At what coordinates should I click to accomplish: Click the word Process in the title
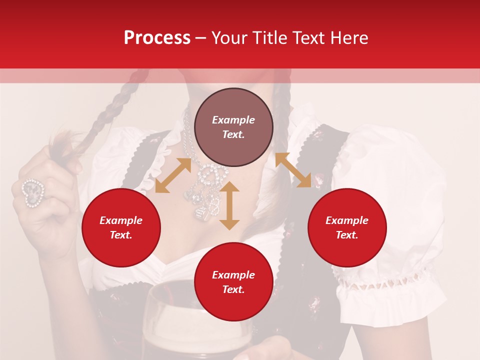[157, 38]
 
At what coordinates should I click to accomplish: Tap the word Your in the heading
[229, 38]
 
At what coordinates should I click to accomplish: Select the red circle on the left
[121, 227]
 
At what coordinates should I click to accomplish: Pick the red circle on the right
[347, 227]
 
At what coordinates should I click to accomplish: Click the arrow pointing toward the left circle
[172, 175]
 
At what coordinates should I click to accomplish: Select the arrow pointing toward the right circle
[293, 170]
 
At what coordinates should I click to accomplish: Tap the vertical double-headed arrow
[229, 205]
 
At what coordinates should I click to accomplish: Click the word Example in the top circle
[233, 120]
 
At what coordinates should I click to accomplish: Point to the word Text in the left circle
[120, 235]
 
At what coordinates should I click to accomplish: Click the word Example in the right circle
[347, 220]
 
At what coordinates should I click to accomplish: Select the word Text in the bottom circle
[233, 289]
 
